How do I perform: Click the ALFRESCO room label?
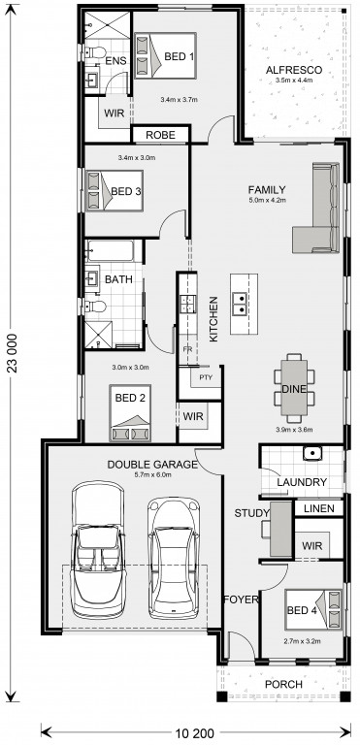[x=293, y=70]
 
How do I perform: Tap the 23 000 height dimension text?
[x=14, y=353]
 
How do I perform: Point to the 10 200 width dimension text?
[x=195, y=731]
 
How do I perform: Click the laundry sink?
[x=312, y=453]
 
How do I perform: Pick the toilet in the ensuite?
[x=94, y=52]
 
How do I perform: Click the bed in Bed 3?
[x=115, y=191]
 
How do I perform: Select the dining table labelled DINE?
[x=294, y=388]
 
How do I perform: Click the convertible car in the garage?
[x=98, y=549]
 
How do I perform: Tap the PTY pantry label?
[x=206, y=378]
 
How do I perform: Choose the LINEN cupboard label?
[x=319, y=509]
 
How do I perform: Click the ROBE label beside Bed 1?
[x=160, y=135]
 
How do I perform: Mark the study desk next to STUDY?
[x=280, y=529]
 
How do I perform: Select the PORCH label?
[x=283, y=684]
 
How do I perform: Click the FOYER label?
[x=241, y=599]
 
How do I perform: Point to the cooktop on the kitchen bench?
[x=188, y=304]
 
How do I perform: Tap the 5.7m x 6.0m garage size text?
[x=152, y=474]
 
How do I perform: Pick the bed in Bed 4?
[x=313, y=610]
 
